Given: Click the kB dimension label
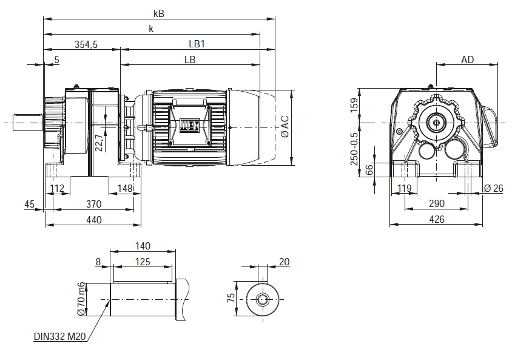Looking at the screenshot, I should [x=159, y=13].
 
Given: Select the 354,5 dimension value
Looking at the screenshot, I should [x=86, y=44].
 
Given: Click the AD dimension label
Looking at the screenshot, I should [x=467, y=59].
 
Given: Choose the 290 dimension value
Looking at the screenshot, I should [x=436, y=203].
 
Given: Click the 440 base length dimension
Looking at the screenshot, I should [x=93, y=219].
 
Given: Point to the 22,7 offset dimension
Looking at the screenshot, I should [x=100, y=142].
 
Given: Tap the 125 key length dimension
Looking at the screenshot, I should [x=143, y=262].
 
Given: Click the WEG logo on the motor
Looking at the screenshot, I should [x=187, y=126].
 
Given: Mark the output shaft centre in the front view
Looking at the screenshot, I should [x=436, y=123].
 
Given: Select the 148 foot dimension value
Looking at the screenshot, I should [x=125, y=188].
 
